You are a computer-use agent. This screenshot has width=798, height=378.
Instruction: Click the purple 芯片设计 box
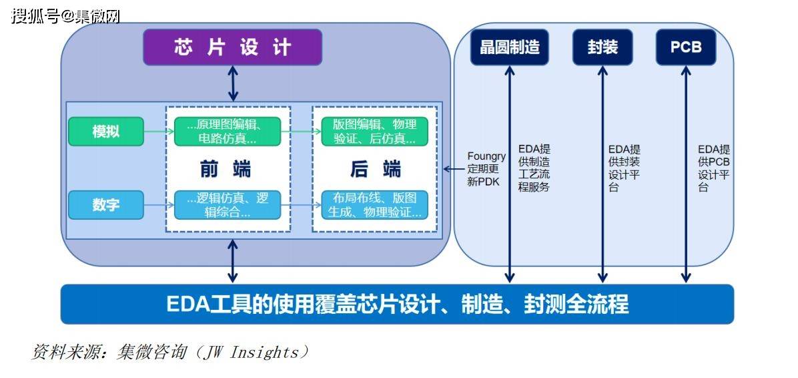232,47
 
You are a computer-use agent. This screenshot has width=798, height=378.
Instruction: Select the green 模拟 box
106,132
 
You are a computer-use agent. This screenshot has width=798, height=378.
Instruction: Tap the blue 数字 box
106,205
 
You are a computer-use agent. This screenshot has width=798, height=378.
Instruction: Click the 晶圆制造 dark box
510,47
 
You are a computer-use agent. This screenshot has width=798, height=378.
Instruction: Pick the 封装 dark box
603,47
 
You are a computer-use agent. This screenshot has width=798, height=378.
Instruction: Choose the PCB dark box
686,47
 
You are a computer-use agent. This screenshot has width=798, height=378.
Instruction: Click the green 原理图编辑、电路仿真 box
228,132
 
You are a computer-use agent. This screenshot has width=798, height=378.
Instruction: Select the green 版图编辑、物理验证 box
374,132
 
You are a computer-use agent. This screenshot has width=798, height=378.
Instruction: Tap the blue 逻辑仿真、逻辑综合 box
228,205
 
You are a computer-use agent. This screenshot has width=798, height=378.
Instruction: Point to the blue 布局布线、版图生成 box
374,205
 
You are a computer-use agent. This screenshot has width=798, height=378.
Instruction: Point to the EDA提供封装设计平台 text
624,168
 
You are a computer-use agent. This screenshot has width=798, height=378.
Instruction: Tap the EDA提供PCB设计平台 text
714,168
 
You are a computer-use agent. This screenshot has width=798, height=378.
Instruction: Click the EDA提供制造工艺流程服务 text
534,168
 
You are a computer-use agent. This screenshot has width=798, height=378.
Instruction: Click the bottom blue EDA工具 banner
397,305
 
